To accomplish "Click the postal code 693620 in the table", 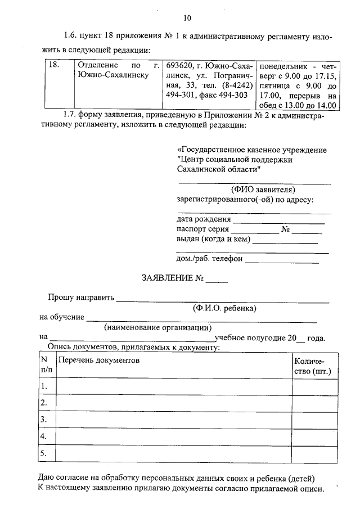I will pyautogui.click(x=179, y=65).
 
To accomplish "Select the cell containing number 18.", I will pyautogui.click(x=54, y=65).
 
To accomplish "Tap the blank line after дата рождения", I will pyautogui.click(x=279, y=219).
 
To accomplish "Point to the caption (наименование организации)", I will pyautogui.click(x=157, y=327).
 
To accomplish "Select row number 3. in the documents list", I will pyautogui.click(x=43, y=420).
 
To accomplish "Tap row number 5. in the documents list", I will pyautogui.click(x=43, y=453).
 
